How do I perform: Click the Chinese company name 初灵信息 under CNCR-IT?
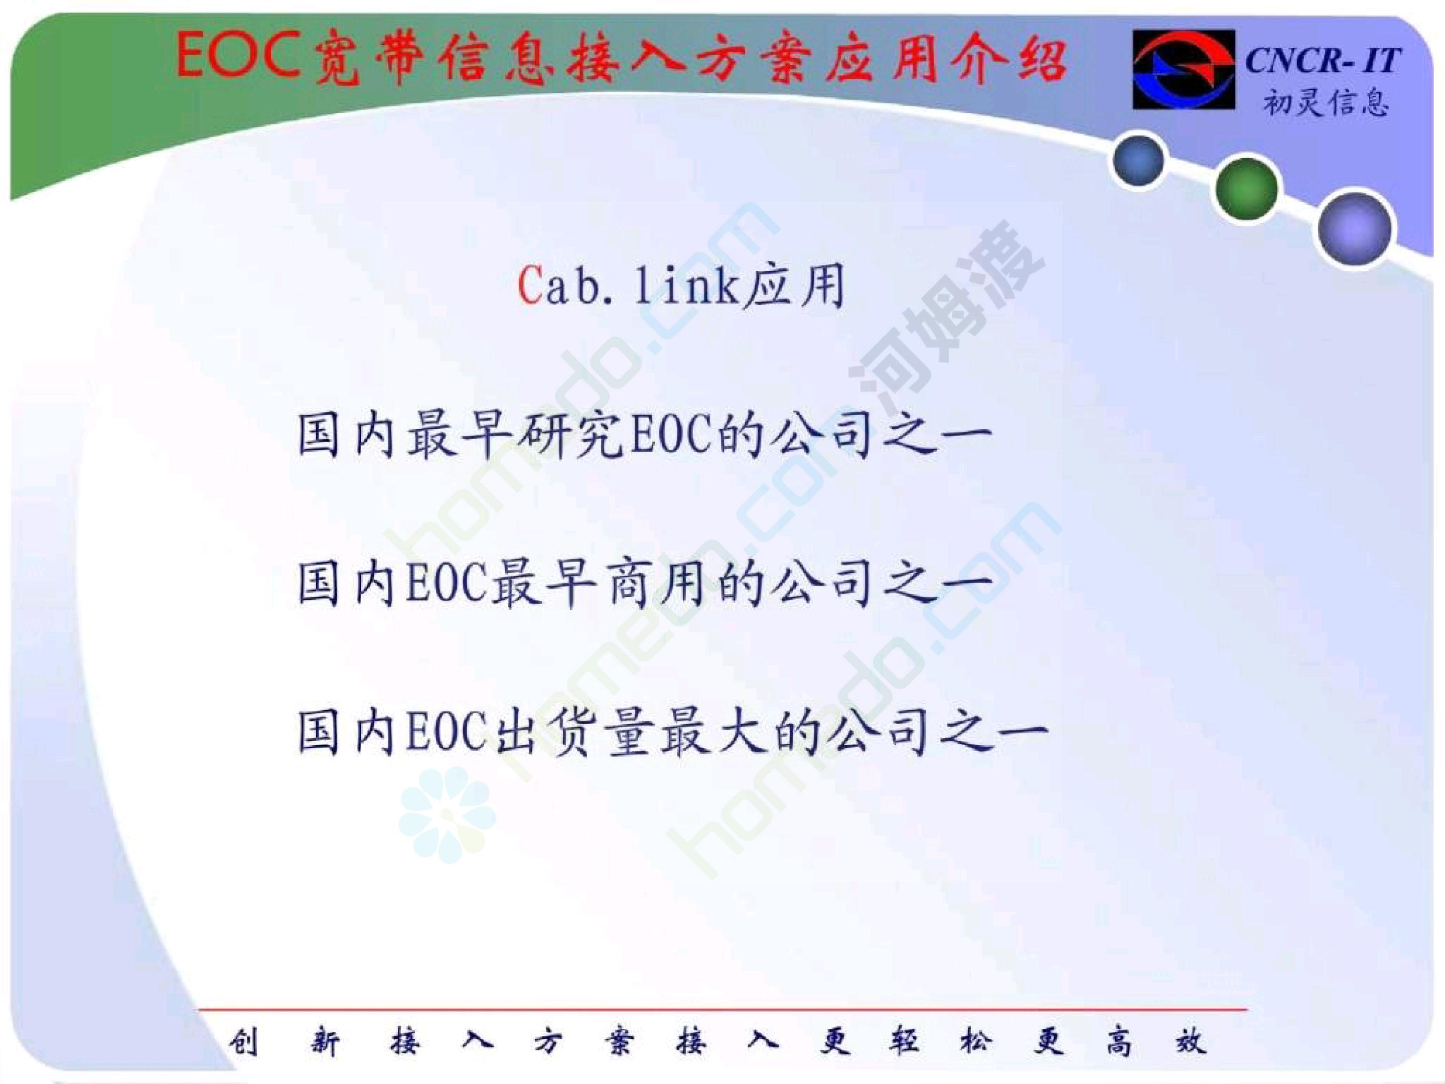pos(1326,101)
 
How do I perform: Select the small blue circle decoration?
pos(1138,160)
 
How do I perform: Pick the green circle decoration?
pos(1246,189)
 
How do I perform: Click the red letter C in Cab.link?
pos(529,286)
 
